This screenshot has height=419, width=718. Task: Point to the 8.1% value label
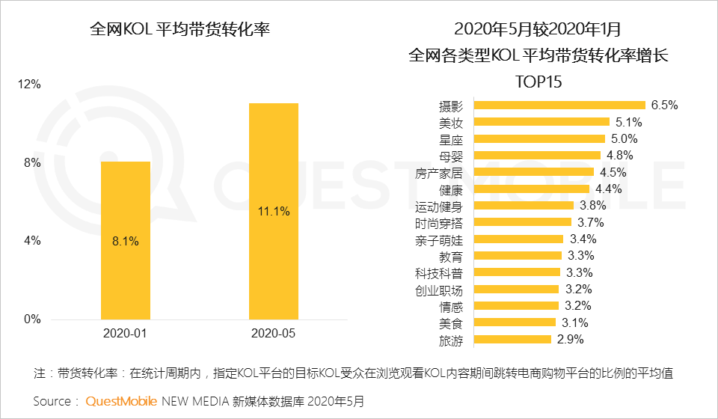(x=126, y=241)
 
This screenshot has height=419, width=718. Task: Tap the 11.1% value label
(x=273, y=212)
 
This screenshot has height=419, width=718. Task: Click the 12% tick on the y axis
(x=29, y=85)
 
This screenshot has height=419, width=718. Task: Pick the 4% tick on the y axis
(x=32, y=241)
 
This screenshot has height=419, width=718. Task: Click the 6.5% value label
(x=664, y=105)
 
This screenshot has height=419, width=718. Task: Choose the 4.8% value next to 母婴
(x=620, y=156)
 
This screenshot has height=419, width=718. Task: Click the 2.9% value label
(x=570, y=340)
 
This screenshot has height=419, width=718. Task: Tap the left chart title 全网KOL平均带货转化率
(x=179, y=29)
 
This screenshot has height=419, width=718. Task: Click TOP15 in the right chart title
(x=538, y=81)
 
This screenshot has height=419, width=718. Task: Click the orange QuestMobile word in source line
(x=121, y=401)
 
